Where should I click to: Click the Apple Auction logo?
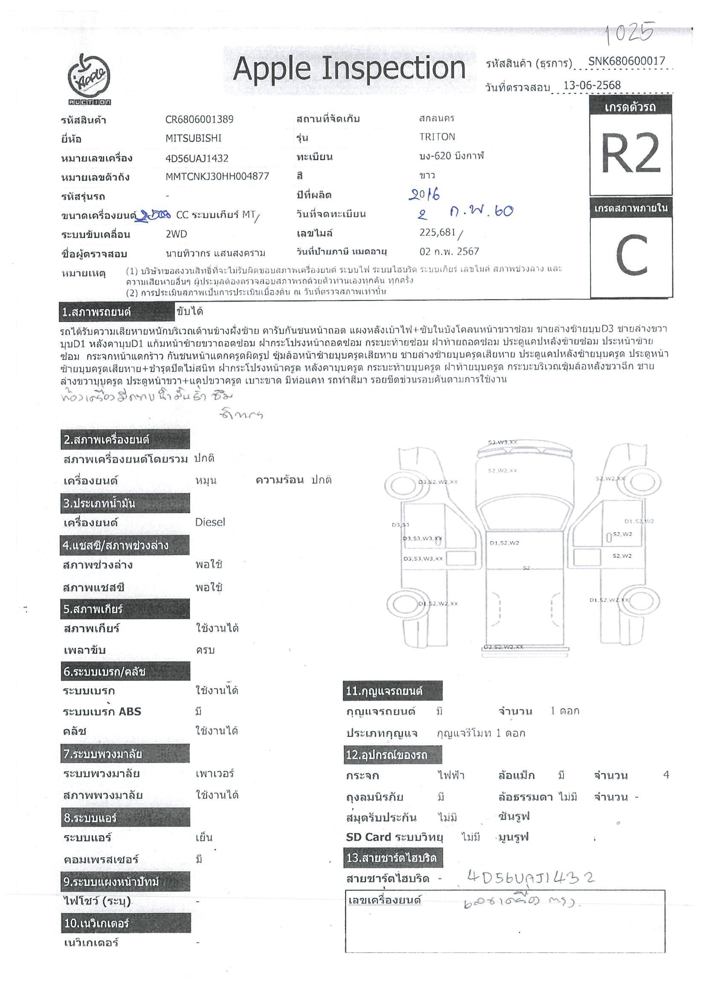tap(89, 78)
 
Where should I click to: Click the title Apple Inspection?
tap(349, 69)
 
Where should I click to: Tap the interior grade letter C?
tap(631, 255)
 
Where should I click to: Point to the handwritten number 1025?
tap(630, 33)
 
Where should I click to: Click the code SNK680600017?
tap(627, 61)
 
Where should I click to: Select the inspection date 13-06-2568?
tap(592, 85)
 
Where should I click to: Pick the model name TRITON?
tap(437, 137)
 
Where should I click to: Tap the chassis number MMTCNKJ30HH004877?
tap(217, 176)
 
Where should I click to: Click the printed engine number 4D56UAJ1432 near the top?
tap(197, 158)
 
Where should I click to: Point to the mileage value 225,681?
tap(437, 232)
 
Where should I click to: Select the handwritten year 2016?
tap(425, 194)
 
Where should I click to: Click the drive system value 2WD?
tap(176, 234)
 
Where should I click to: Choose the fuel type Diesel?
tap(210, 522)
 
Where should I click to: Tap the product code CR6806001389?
tap(199, 119)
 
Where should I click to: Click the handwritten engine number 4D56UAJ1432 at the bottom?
tap(530, 878)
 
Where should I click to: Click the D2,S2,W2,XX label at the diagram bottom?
tap(503, 647)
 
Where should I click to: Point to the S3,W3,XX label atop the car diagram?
tap(503, 442)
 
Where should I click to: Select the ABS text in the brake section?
tap(130, 711)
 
